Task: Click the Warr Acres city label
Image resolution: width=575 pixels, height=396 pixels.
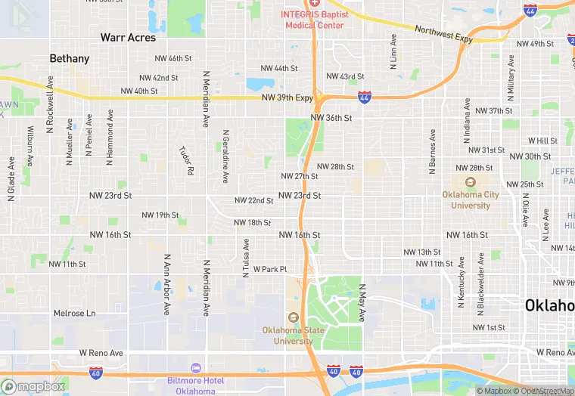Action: [129, 37]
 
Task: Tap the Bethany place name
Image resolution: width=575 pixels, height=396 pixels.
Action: [70, 58]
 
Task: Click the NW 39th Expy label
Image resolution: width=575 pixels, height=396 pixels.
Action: [287, 98]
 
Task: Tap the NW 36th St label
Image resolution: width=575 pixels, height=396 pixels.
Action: [331, 118]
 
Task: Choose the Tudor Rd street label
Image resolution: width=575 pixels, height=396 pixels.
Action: [186, 160]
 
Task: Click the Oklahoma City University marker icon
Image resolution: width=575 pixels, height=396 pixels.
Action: [471, 182]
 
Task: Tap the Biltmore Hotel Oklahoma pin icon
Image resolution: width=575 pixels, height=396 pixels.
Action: [196, 368]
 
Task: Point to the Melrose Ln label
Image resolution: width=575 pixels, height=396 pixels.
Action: [75, 313]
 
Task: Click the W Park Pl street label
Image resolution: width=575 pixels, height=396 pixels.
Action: [270, 269]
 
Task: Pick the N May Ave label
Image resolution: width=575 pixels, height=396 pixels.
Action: [362, 303]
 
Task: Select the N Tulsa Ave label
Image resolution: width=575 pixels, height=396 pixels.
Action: [246, 258]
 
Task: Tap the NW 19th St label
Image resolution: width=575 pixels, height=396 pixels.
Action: [157, 215]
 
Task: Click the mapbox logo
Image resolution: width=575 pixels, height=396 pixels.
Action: [34, 386]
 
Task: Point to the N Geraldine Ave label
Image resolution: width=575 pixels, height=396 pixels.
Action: [225, 156]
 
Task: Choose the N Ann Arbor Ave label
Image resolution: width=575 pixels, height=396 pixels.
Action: [166, 284]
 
